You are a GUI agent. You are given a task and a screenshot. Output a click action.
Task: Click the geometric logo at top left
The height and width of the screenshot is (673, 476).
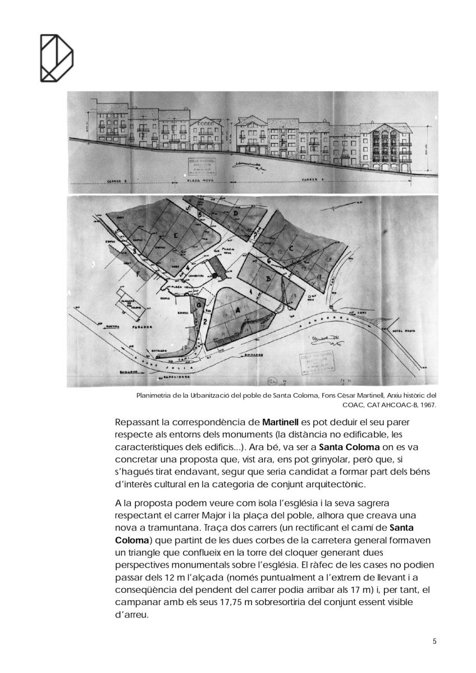(x=57, y=57)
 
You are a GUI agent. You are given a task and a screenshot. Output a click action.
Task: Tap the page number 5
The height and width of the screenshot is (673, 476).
(x=434, y=642)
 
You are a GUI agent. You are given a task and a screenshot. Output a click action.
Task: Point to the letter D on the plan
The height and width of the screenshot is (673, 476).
(x=236, y=214)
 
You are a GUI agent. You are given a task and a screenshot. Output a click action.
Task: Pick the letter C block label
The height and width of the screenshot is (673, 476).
(x=291, y=247)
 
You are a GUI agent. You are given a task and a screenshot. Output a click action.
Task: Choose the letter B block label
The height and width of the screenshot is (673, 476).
(x=268, y=279)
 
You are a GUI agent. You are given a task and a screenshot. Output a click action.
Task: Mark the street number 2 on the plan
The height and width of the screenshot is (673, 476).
(x=205, y=321)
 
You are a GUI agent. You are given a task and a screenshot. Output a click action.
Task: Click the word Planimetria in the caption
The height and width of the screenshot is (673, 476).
(x=154, y=395)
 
